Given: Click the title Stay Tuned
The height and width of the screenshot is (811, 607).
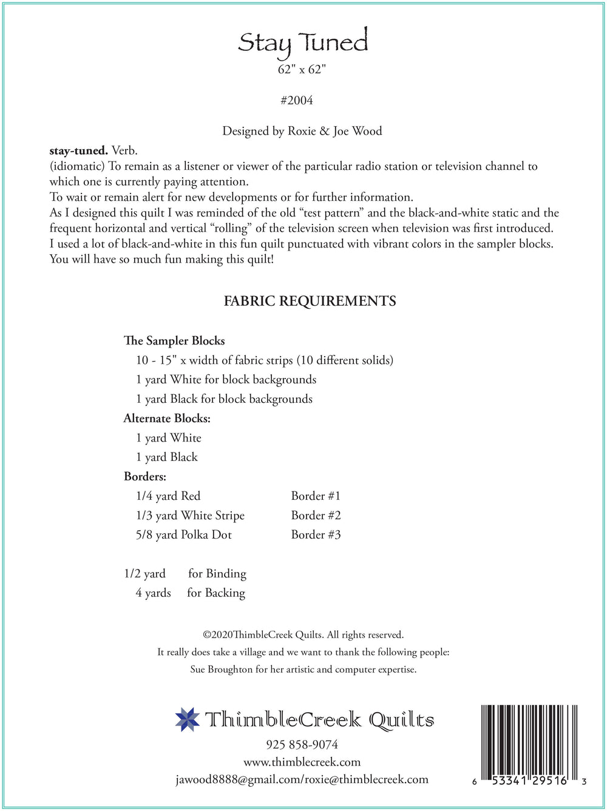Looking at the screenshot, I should (x=303, y=42).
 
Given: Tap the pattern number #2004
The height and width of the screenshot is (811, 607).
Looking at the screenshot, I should (x=297, y=101).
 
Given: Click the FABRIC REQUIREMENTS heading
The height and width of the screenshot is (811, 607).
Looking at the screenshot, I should (x=310, y=301).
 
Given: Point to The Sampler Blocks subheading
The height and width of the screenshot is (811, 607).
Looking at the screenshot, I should (x=174, y=341).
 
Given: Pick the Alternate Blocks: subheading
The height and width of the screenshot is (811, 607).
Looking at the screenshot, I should (x=167, y=419).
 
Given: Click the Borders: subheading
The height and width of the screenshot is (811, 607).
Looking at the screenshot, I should (x=145, y=477).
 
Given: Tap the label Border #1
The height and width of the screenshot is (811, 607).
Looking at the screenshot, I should (x=316, y=496).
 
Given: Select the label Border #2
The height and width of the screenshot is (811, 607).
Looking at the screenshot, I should (x=316, y=516).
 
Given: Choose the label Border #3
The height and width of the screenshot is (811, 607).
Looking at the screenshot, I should (x=316, y=535).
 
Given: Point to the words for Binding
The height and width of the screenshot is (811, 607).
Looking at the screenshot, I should (x=217, y=574).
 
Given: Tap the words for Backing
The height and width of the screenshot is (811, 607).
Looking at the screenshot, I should (x=216, y=593).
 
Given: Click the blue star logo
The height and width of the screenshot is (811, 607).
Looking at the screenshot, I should (x=187, y=719).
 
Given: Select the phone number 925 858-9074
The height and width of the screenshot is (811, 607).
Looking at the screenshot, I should (x=302, y=745).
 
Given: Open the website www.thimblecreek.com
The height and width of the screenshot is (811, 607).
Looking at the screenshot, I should (x=302, y=762).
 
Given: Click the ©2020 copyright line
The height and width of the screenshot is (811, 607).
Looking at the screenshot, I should (x=303, y=635).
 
